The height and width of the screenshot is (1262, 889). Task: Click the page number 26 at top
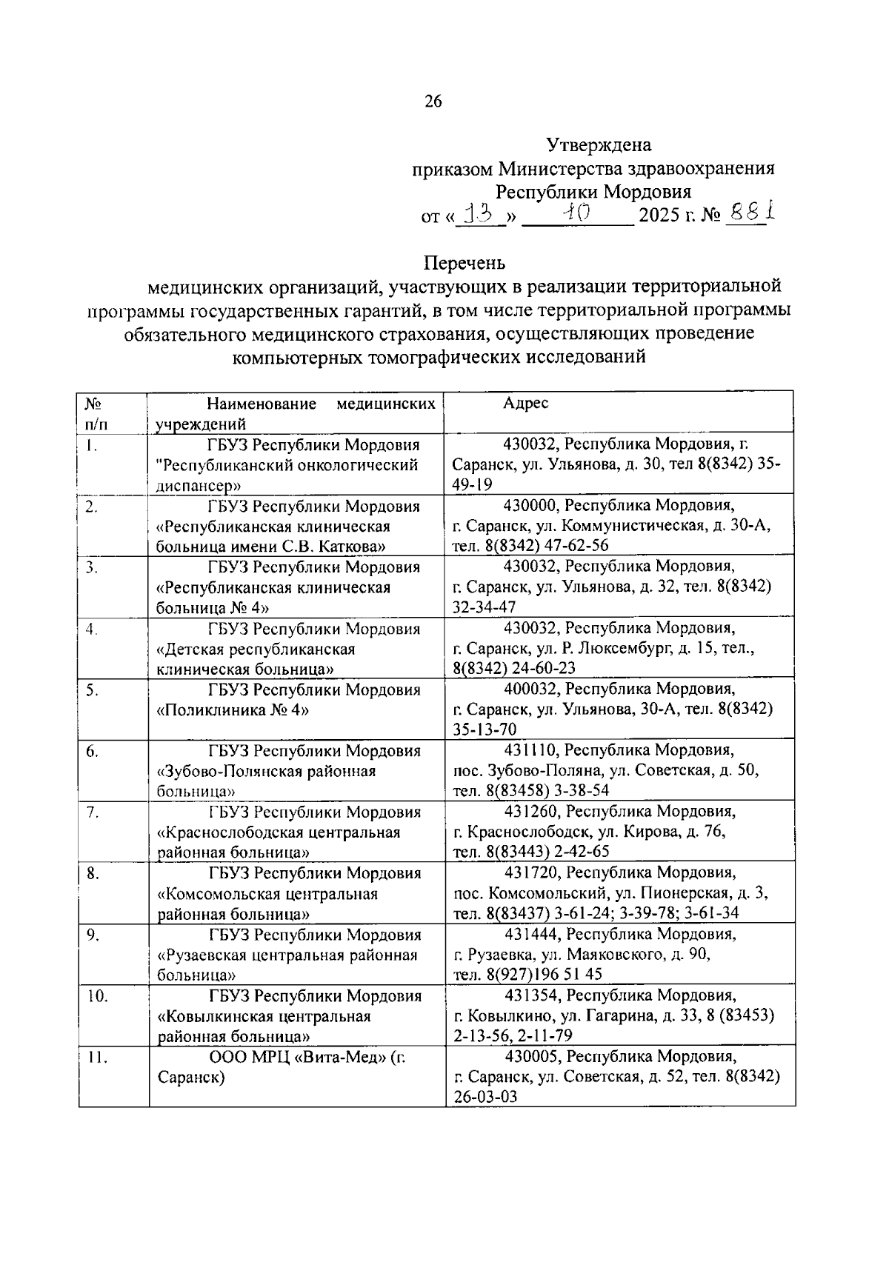click(x=433, y=101)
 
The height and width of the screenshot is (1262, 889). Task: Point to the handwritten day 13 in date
click(x=479, y=216)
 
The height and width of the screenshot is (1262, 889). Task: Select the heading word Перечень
click(x=465, y=263)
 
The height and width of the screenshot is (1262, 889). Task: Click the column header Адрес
click(x=526, y=404)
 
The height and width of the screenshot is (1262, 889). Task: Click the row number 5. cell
click(x=92, y=690)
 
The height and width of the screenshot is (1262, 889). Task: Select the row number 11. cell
click(x=96, y=1058)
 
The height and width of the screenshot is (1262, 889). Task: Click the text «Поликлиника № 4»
click(x=233, y=710)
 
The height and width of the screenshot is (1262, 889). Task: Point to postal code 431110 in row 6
click(x=530, y=750)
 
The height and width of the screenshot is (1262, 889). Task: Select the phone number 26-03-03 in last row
click(x=485, y=1097)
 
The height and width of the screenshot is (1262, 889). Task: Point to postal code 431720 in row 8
click(x=530, y=872)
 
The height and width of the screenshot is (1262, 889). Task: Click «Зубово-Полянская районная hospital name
click(x=267, y=771)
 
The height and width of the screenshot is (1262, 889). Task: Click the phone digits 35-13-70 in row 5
click(x=485, y=730)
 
